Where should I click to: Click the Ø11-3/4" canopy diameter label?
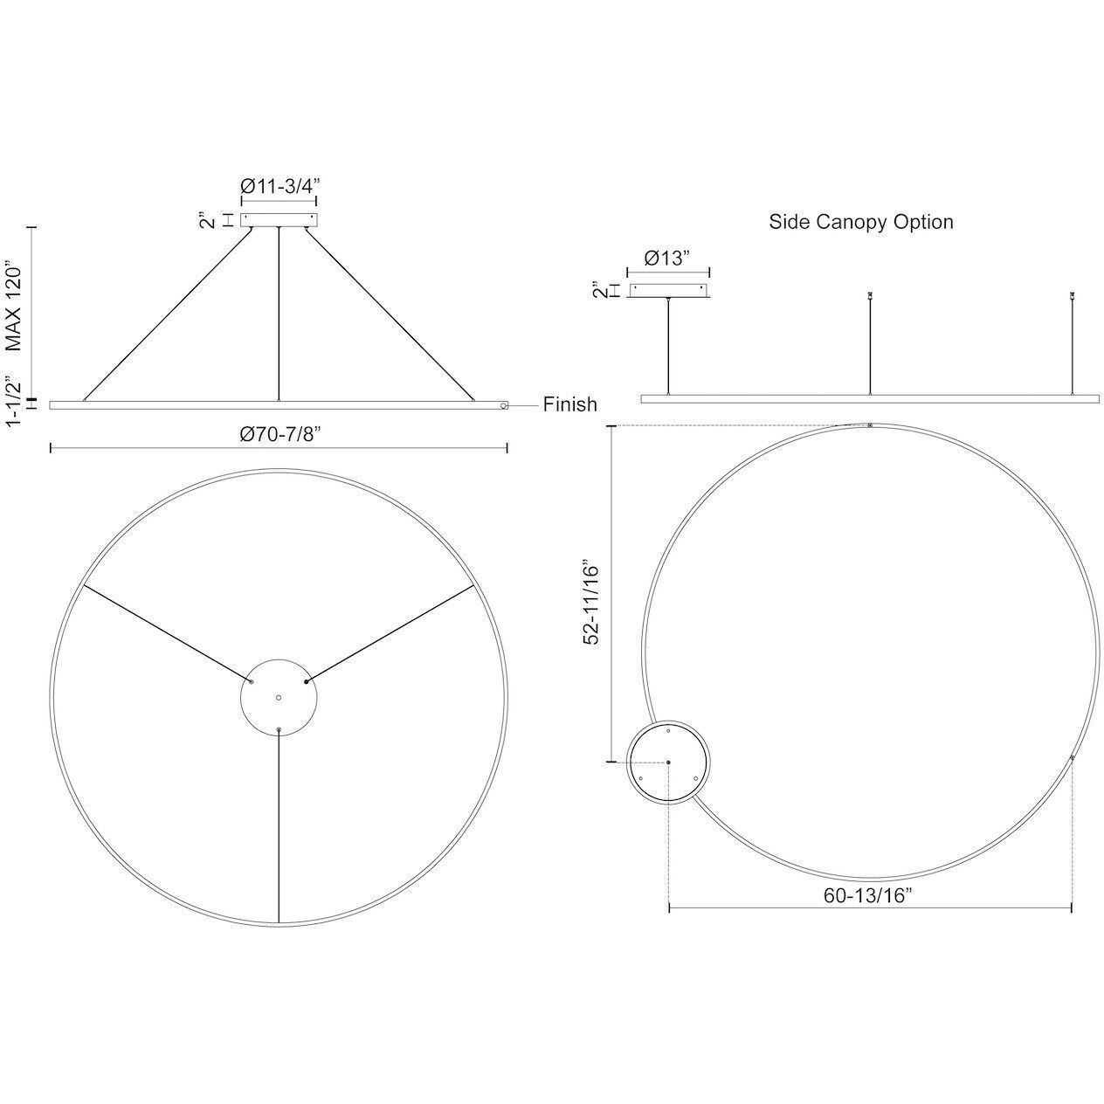tap(279, 185)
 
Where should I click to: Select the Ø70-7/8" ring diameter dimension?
tap(279, 434)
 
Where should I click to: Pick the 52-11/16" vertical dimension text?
tap(593, 603)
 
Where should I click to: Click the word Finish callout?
tap(569, 404)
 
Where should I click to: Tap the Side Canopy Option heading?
tap(860, 222)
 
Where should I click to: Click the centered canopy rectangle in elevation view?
tap(279, 220)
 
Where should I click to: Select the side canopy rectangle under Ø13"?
tap(668, 291)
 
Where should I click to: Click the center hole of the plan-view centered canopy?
tap(279, 697)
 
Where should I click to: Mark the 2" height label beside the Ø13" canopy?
tap(597, 290)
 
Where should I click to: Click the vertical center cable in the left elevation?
tap(279, 314)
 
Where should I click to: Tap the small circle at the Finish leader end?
tap(504, 405)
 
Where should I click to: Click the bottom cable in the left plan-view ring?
tap(279, 825)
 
